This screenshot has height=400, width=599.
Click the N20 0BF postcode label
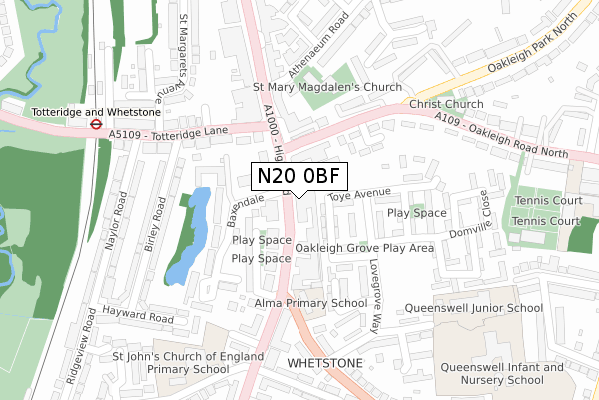point(299,176)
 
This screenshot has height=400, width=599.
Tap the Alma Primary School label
point(310,303)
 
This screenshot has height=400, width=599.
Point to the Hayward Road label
point(139,319)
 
